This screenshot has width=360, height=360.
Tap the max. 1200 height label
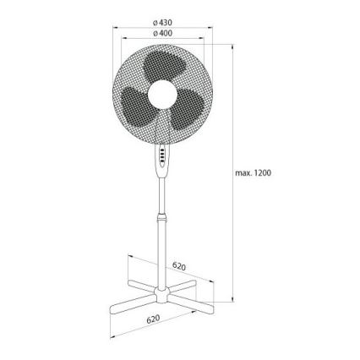click(253, 173)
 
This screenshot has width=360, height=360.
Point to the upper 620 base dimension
click(178, 266)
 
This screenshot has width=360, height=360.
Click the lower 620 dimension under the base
click(153, 319)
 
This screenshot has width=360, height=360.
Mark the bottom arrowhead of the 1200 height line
click(232, 303)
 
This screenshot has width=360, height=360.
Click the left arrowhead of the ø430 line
click(117, 27)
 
